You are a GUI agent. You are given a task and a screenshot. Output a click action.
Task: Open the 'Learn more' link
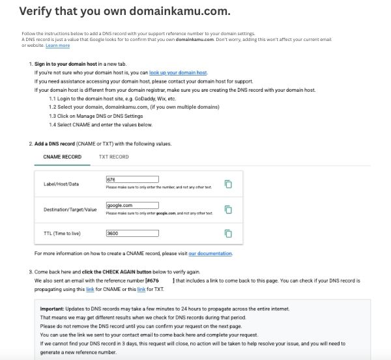[57, 46]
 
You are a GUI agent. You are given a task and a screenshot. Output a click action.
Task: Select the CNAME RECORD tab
[62, 157]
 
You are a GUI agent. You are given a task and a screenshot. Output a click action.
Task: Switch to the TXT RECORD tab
[113, 157]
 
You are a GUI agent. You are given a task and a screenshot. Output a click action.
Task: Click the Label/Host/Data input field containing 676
[132, 179]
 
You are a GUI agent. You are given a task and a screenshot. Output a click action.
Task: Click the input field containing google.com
[132, 205]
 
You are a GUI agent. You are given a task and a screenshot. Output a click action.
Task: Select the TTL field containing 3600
[132, 233]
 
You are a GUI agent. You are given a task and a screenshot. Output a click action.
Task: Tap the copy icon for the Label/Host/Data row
[228, 184]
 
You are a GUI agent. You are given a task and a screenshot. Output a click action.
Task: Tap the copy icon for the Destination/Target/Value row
[228, 209]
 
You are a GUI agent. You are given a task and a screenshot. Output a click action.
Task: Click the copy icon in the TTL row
[228, 233]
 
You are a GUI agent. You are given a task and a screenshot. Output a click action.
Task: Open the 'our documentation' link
[210, 253]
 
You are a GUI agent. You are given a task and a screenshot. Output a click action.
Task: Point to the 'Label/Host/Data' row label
[61, 184]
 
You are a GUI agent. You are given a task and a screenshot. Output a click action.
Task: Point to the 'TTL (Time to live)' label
[64, 233]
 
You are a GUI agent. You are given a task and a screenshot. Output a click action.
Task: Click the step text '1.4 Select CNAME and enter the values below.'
[100, 124]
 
